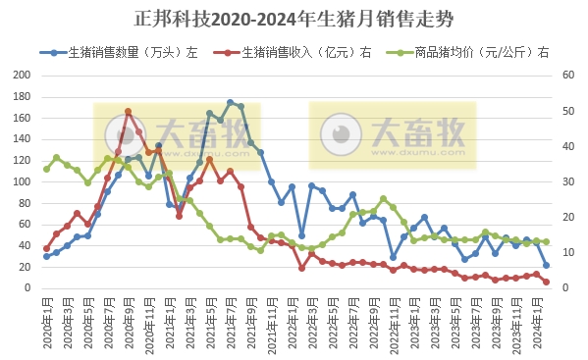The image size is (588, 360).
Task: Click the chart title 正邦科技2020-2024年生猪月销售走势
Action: pyautogui.click(x=294, y=18)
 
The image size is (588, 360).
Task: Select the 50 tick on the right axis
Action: pyautogui.click(x=568, y=110)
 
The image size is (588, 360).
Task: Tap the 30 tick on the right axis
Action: pyautogui.click(x=568, y=181)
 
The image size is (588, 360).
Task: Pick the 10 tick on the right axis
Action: pyautogui.click(x=568, y=253)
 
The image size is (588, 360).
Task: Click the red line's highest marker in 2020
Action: pyautogui.click(x=128, y=112)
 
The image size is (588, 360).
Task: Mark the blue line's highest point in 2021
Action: pyautogui.click(x=230, y=102)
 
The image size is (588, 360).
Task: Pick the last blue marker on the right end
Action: pyautogui.click(x=546, y=265)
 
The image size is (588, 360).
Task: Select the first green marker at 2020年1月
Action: pyautogui.click(x=46, y=169)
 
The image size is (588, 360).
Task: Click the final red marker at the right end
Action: pyautogui.click(x=546, y=282)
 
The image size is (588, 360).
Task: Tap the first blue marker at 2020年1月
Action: pyautogui.click(x=46, y=256)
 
